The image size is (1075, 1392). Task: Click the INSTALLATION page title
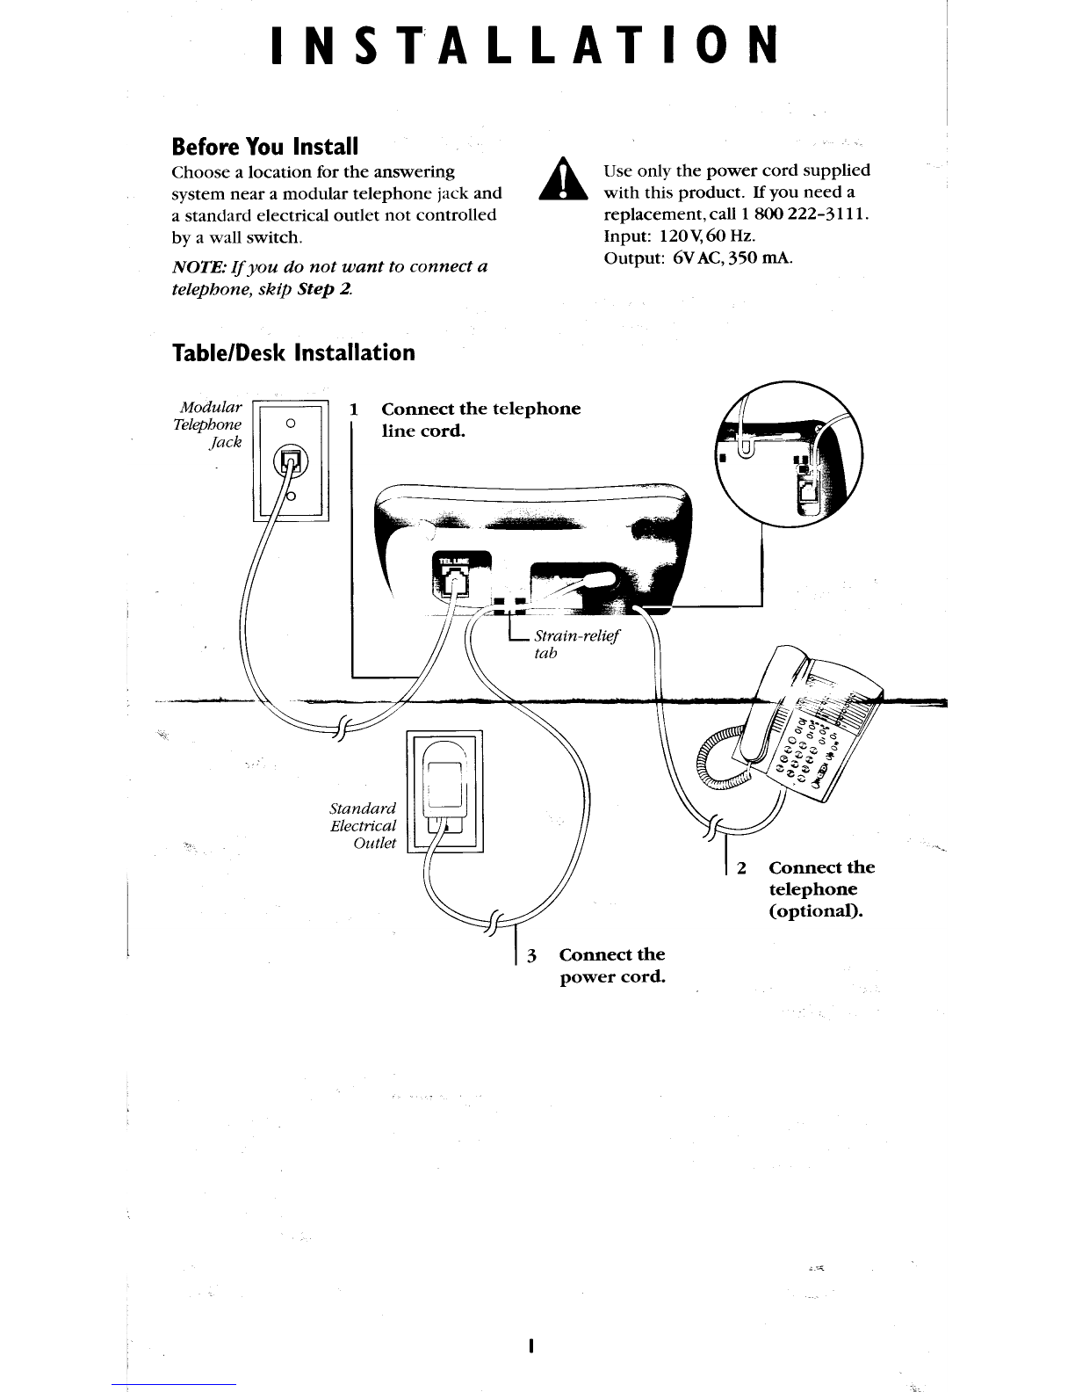[524, 46]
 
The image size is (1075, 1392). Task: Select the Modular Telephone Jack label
[209, 424]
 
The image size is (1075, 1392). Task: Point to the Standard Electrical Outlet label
[364, 825]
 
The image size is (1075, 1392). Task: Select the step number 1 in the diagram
[354, 410]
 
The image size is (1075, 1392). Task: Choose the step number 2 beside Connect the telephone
[742, 868]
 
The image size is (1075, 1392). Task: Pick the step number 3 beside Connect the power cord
[531, 955]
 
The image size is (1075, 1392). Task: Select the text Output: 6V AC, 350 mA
[699, 258]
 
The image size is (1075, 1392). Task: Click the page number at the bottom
[532, 1346]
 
